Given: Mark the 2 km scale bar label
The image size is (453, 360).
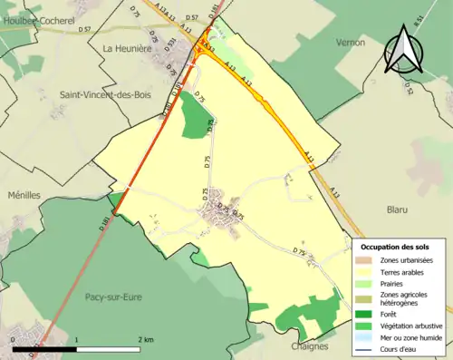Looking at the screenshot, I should [x=146, y=340].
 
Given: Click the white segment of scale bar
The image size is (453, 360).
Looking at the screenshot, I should [x=109, y=348].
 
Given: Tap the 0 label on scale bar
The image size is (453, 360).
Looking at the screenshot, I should [x=14, y=340].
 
